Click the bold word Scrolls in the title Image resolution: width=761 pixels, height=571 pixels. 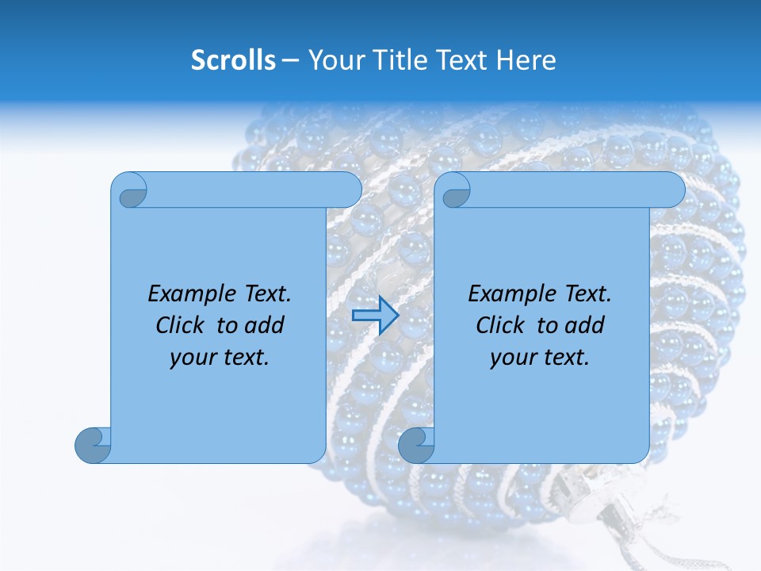pyautogui.click(x=234, y=60)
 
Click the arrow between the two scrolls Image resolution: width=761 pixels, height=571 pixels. pyautogui.click(x=375, y=315)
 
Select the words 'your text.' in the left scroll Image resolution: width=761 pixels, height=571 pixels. pyautogui.click(x=220, y=357)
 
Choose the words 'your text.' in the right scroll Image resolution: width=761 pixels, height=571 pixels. pyautogui.click(x=540, y=357)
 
